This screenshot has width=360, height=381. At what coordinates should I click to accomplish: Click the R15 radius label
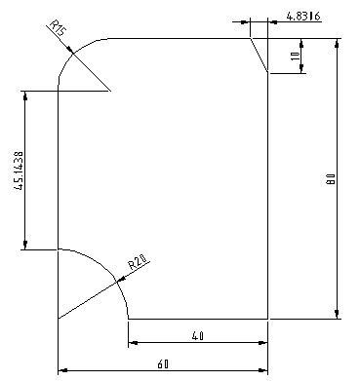59,28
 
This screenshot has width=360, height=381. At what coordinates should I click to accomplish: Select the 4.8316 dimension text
303,16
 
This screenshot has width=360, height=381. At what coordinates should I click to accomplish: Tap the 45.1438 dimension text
19,171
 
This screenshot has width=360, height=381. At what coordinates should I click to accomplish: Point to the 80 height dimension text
331,178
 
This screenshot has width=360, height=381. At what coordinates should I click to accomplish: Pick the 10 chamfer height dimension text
295,56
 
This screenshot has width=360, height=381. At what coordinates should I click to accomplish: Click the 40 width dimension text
197,335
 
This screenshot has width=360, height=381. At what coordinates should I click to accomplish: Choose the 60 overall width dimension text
163,364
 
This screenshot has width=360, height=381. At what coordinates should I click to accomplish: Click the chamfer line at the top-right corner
259,56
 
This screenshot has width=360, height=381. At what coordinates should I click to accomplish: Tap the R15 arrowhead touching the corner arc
69,50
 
